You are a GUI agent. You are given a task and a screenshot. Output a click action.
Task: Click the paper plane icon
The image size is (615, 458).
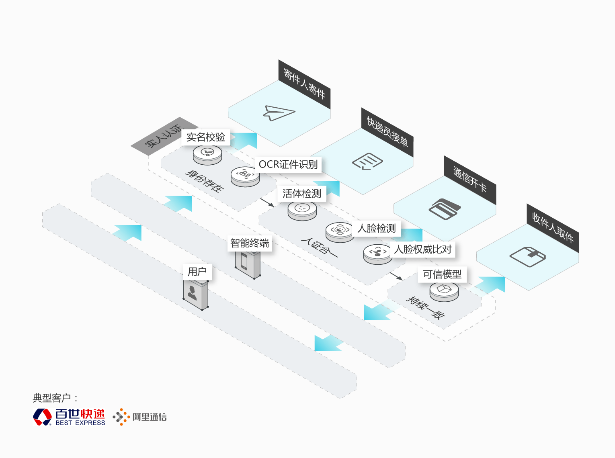point(279,113)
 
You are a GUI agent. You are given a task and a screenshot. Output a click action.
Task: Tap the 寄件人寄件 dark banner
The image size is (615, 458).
point(304,84)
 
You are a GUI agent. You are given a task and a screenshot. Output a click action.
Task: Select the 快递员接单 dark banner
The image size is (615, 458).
point(387,132)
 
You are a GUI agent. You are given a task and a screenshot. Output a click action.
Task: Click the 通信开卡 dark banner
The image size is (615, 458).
point(470,180)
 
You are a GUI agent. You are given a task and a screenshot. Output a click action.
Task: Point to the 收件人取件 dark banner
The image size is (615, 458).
point(553,228)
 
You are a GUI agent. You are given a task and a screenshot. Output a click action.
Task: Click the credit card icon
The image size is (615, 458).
point(445,209)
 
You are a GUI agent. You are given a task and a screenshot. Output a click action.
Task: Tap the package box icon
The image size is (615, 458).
point(527,257)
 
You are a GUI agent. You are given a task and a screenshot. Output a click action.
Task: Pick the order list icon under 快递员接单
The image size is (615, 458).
point(367,161)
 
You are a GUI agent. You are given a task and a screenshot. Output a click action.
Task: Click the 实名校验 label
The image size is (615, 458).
point(206,137)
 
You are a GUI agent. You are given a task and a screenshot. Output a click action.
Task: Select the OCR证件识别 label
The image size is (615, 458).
point(288,164)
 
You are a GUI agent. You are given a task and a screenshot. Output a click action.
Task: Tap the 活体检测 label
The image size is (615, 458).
point(302,193)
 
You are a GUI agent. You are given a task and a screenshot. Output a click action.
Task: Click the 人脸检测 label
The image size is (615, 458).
point(376,228)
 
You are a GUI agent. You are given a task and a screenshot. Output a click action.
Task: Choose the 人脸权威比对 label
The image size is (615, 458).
point(422,249)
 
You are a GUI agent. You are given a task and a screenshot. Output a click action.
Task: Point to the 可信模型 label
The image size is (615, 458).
point(442,274)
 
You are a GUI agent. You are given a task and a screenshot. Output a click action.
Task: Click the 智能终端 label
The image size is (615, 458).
point(250,243)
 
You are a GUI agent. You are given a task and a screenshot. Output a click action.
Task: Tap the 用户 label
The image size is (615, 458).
point(197,272)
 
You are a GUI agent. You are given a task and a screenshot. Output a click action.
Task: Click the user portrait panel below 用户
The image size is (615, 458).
point(195,295)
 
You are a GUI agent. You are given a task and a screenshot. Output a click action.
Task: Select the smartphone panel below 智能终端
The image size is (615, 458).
point(248,264)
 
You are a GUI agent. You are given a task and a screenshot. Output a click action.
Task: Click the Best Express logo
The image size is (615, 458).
point(69,417)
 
